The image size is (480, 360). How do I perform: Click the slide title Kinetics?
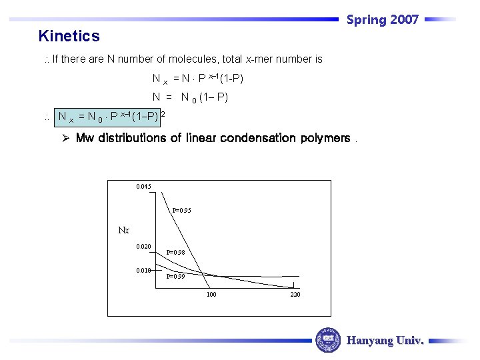click(x=69, y=36)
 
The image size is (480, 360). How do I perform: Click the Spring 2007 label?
click(x=382, y=19)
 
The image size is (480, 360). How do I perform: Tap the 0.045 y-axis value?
click(x=143, y=186)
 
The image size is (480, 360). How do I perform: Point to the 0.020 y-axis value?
click(x=143, y=247)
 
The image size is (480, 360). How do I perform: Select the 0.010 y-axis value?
click(x=143, y=271)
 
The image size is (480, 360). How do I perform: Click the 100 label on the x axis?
click(x=211, y=294)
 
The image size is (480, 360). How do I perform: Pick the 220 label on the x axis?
click(x=295, y=294)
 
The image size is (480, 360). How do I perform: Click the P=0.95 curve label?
click(x=181, y=211)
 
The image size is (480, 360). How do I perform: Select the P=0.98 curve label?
click(x=175, y=253)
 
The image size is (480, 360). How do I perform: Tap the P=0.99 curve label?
click(x=175, y=276)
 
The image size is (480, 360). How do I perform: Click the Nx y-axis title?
click(x=123, y=231)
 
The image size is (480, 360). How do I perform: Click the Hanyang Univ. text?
click(x=385, y=340)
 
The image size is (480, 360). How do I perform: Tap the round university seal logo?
click(x=327, y=340)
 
